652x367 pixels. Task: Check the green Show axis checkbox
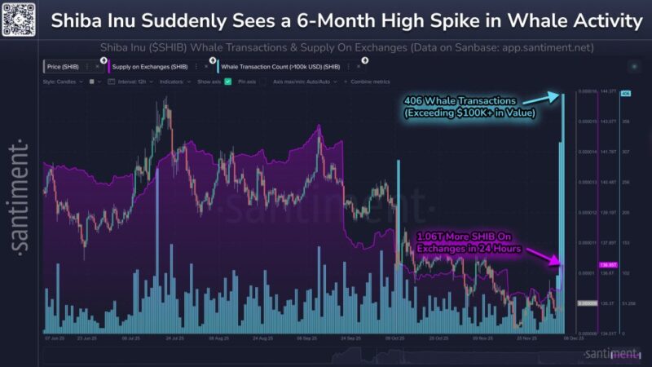click(x=228, y=82)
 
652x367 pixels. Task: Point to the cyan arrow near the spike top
click(x=553, y=97)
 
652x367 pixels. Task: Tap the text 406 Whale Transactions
click(x=456, y=100)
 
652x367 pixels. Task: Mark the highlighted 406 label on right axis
click(x=626, y=94)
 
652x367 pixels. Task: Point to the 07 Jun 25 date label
click(x=56, y=338)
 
